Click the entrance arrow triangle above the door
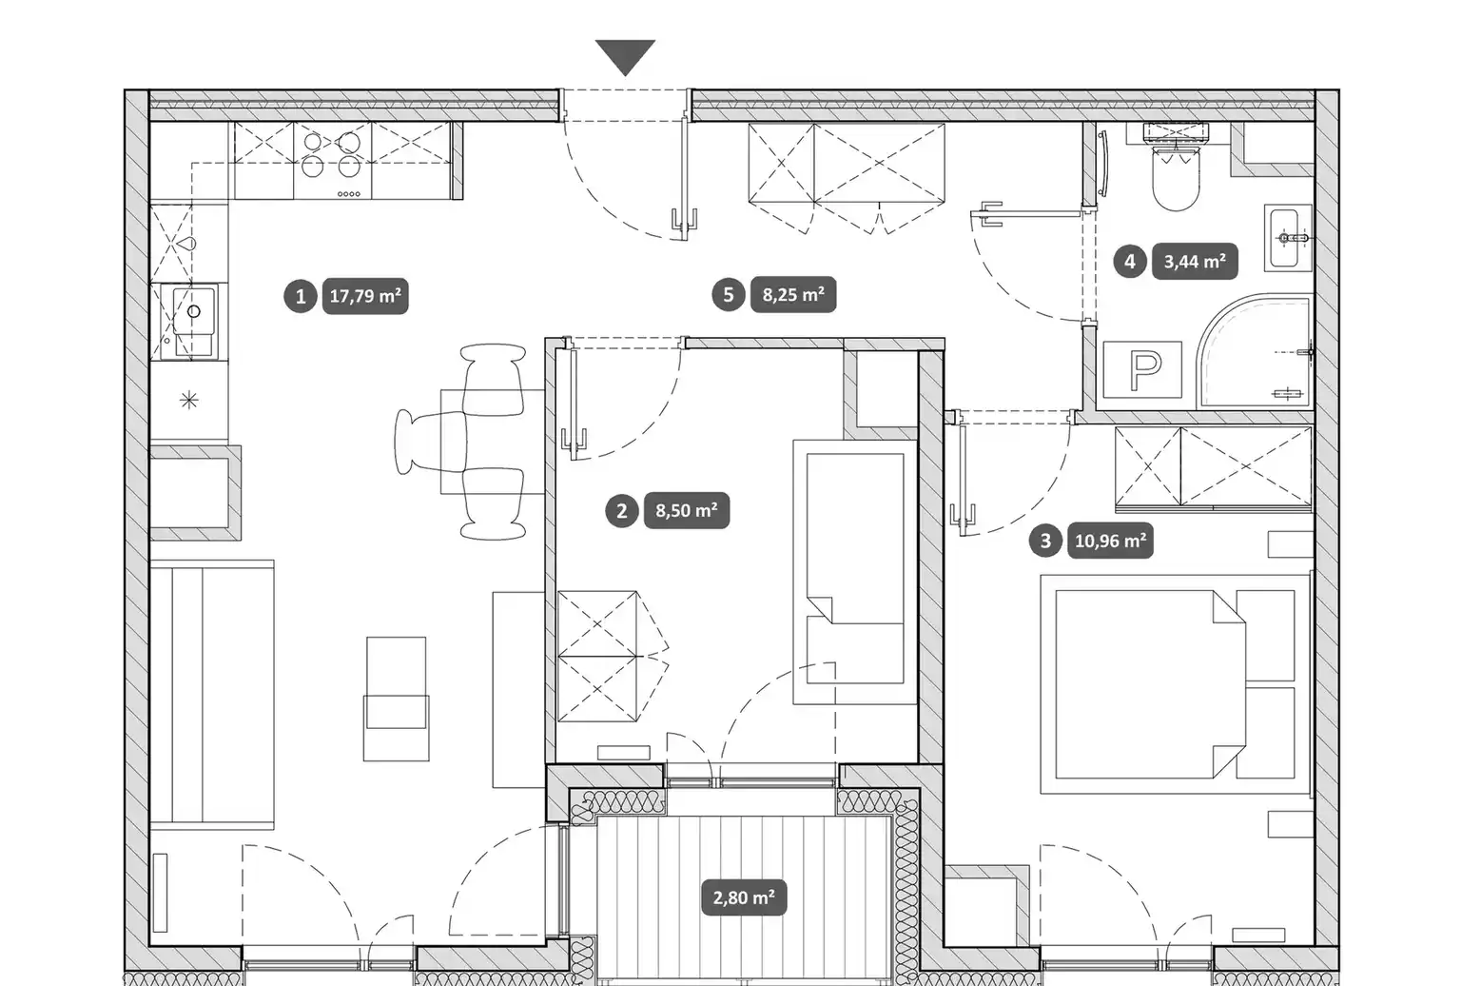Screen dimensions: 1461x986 pyautogui.click(x=625, y=55)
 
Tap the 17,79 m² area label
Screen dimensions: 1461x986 pyautogui.click(x=365, y=296)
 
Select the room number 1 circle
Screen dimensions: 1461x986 pyautogui.click(x=300, y=297)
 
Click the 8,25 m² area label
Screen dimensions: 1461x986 pyautogui.click(x=793, y=295)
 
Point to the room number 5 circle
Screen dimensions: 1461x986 pyautogui.click(x=728, y=295)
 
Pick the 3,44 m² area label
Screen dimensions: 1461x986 pyautogui.click(x=1195, y=262)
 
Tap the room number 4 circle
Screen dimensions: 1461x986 pyautogui.click(x=1130, y=262)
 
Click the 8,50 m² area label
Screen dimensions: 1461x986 pyautogui.click(x=687, y=510)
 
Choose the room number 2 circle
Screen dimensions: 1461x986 pyautogui.click(x=621, y=511)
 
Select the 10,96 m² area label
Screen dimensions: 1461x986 pyautogui.click(x=1110, y=541)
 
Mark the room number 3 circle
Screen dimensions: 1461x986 pyautogui.click(x=1045, y=541)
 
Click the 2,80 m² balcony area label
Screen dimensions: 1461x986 pyautogui.click(x=744, y=897)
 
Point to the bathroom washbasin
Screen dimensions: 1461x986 pyautogui.click(x=1288, y=238)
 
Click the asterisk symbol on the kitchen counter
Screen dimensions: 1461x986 pyautogui.click(x=189, y=400)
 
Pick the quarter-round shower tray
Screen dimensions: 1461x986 pyautogui.click(x=1255, y=351)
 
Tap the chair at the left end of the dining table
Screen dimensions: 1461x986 pyautogui.click(x=431, y=442)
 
